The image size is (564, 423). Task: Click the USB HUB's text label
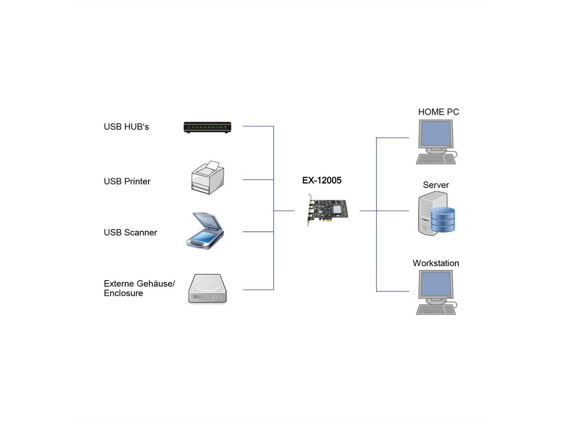tap(126, 127)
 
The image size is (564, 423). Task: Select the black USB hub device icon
tap(208, 127)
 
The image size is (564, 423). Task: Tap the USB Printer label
tap(127, 181)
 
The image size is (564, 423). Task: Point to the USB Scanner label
tap(130, 233)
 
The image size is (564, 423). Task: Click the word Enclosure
tap(123, 293)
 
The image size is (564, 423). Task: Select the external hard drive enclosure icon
tap(207, 289)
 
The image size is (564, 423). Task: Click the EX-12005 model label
tap(321, 180)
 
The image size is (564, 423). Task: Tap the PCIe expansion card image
tap(328, 211)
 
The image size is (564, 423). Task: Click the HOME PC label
tap(439, 112)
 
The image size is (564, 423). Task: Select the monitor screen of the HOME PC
tap(436, 133)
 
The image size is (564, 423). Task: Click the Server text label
tap(436, 185)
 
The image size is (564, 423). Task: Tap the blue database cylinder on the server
tap(443, 219)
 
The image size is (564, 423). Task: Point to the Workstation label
tap(436, 263)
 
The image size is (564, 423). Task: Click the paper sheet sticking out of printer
tap(213, 165)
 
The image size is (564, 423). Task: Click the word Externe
tap(119, 284)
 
